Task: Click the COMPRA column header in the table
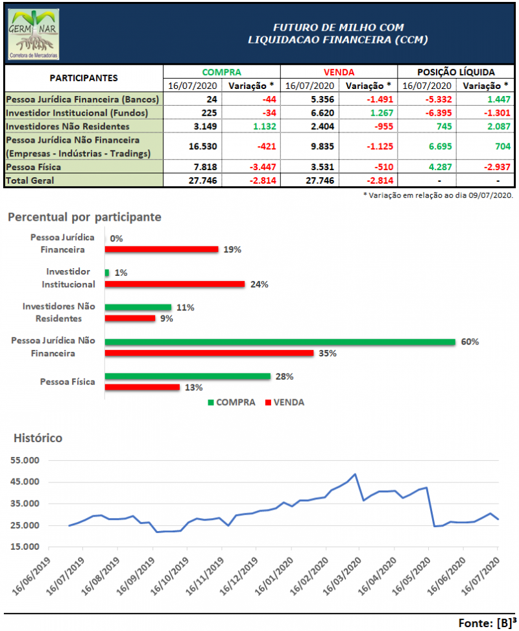[221, 72]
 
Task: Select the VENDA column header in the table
[338, 72]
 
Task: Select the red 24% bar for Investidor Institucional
[175, 284]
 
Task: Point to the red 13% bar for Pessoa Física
[142, 387]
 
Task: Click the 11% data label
[186, 307]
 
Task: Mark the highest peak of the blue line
[356, 475]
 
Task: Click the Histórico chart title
[38, 438]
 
